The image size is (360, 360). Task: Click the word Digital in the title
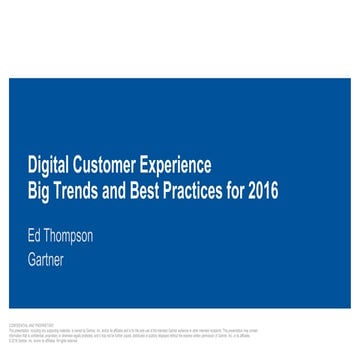(44, 165)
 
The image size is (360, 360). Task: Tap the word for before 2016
(241, 190)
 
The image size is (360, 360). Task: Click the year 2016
(265, 190)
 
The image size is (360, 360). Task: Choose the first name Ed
(34, 237)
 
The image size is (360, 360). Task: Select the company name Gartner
(46, 260)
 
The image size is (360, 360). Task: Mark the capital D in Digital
(31, 165)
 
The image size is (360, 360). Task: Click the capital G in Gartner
(32, 260)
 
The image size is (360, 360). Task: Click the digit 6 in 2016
(274, 190)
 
